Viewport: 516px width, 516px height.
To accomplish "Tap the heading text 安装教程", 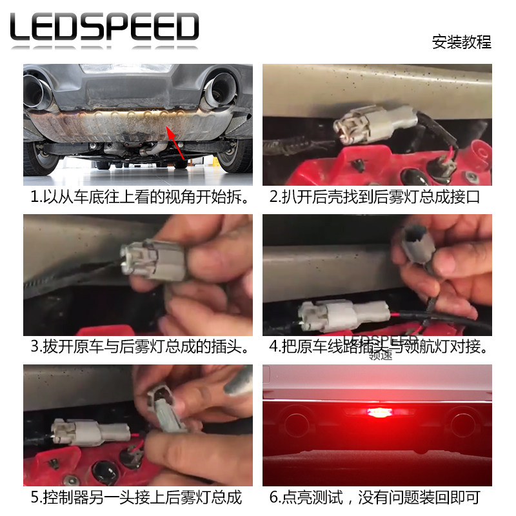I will (461, 43).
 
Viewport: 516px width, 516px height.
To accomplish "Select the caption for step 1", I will (139, 197).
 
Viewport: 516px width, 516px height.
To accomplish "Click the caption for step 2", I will (375, 197).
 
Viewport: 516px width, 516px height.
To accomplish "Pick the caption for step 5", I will (136, 497).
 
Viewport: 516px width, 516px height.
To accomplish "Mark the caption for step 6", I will (375, 497).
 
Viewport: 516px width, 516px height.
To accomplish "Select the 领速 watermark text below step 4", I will (380, 354).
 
